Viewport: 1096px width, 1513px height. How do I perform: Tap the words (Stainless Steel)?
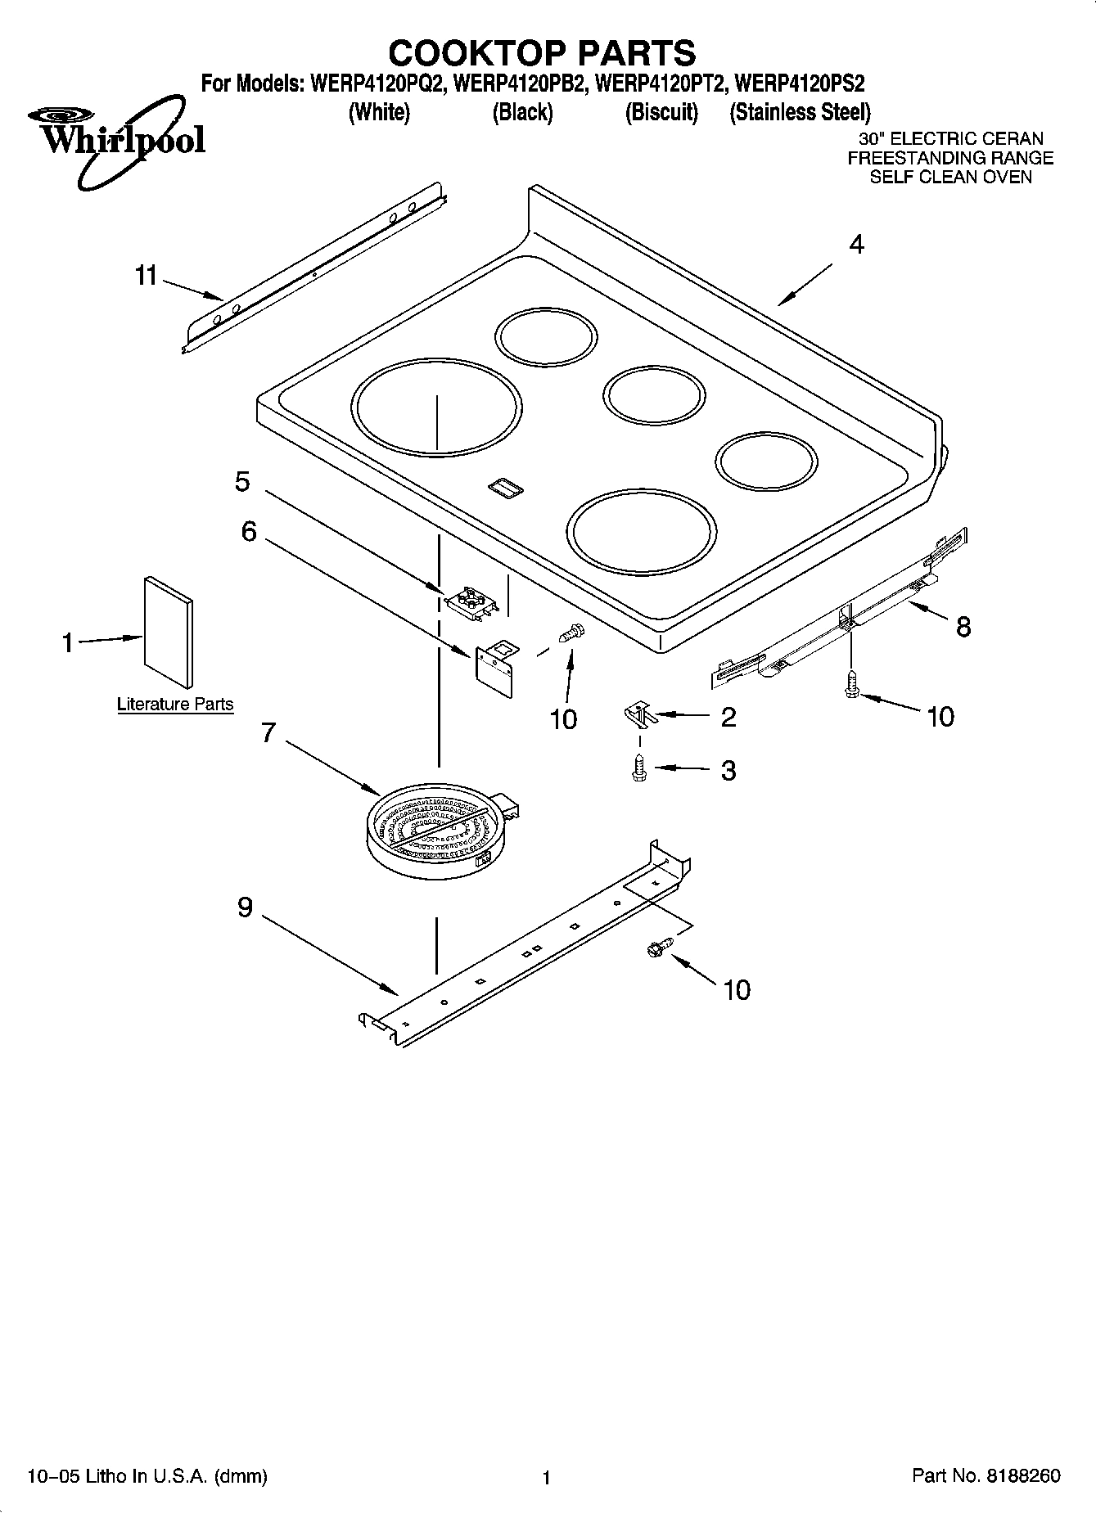(800, 112)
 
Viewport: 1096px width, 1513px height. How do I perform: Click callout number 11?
(146, 276)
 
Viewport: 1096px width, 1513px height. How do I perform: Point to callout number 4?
(856, 244)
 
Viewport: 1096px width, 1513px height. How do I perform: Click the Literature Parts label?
(175, 704)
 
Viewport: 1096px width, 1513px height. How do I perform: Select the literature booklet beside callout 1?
(169, 632)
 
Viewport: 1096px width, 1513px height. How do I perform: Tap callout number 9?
(245, 907)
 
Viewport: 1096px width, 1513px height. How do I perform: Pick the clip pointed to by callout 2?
(640, 714)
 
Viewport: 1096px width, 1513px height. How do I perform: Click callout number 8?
(963, 627)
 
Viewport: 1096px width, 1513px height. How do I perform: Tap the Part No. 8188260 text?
(985, 1475)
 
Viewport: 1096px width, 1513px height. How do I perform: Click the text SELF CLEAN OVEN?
(950, 177)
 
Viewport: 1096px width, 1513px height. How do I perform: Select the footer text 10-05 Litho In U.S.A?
(147, 1476)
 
